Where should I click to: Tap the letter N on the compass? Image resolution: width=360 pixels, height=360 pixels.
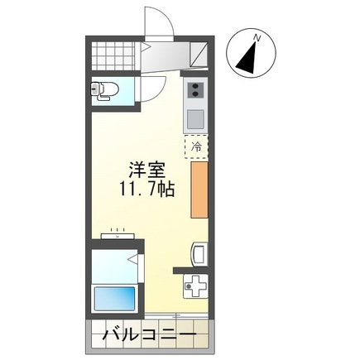pyautogui.click(x=258, y=38)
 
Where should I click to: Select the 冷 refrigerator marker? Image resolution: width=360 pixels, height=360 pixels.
pyautogui.click(x=197, y=146)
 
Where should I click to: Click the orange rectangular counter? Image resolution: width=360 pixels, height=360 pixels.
pyautogui.click(x=199, y=190)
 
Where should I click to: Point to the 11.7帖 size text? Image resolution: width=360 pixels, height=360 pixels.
pyautogui.click(x=145, y=189)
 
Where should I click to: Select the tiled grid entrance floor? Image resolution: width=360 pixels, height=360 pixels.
pyautogui.click(x=113, y=56)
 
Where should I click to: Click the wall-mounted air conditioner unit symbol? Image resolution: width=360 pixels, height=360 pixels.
pyautogui.click(x=118, y=236)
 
